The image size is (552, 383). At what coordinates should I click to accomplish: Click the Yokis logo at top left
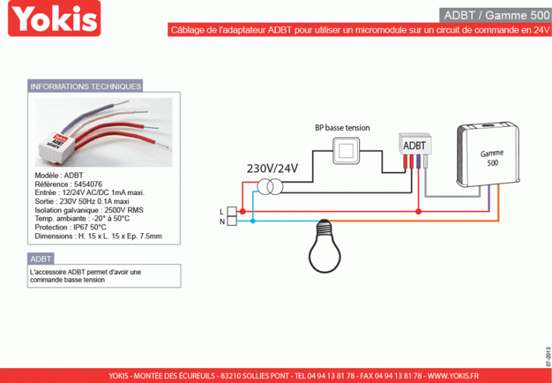pyautogui.click(x=54, y=19)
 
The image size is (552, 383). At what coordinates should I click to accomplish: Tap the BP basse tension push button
pyautogui.click(x=346, y=151)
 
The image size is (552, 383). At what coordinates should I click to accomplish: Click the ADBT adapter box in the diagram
pyautogui.click(x=415, y=146)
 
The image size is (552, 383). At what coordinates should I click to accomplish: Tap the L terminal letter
pyautogui.click(x=221, y=212)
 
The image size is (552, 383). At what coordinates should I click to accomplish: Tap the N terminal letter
pyautogui.click(x=221, y=222)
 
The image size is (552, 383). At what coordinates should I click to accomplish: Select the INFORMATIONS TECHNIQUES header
pyautogui.click(x=86, y=86)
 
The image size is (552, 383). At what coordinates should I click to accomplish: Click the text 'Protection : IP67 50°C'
pyautogui.click(x=70, y=227)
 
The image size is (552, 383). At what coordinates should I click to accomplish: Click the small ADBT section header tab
pyautogui.click(x=41, y=258)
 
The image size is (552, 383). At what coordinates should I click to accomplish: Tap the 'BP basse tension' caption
pyautogui.click(x=342, y=128)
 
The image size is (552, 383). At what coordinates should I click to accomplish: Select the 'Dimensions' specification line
pyautogui.click(x=98, y=235)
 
